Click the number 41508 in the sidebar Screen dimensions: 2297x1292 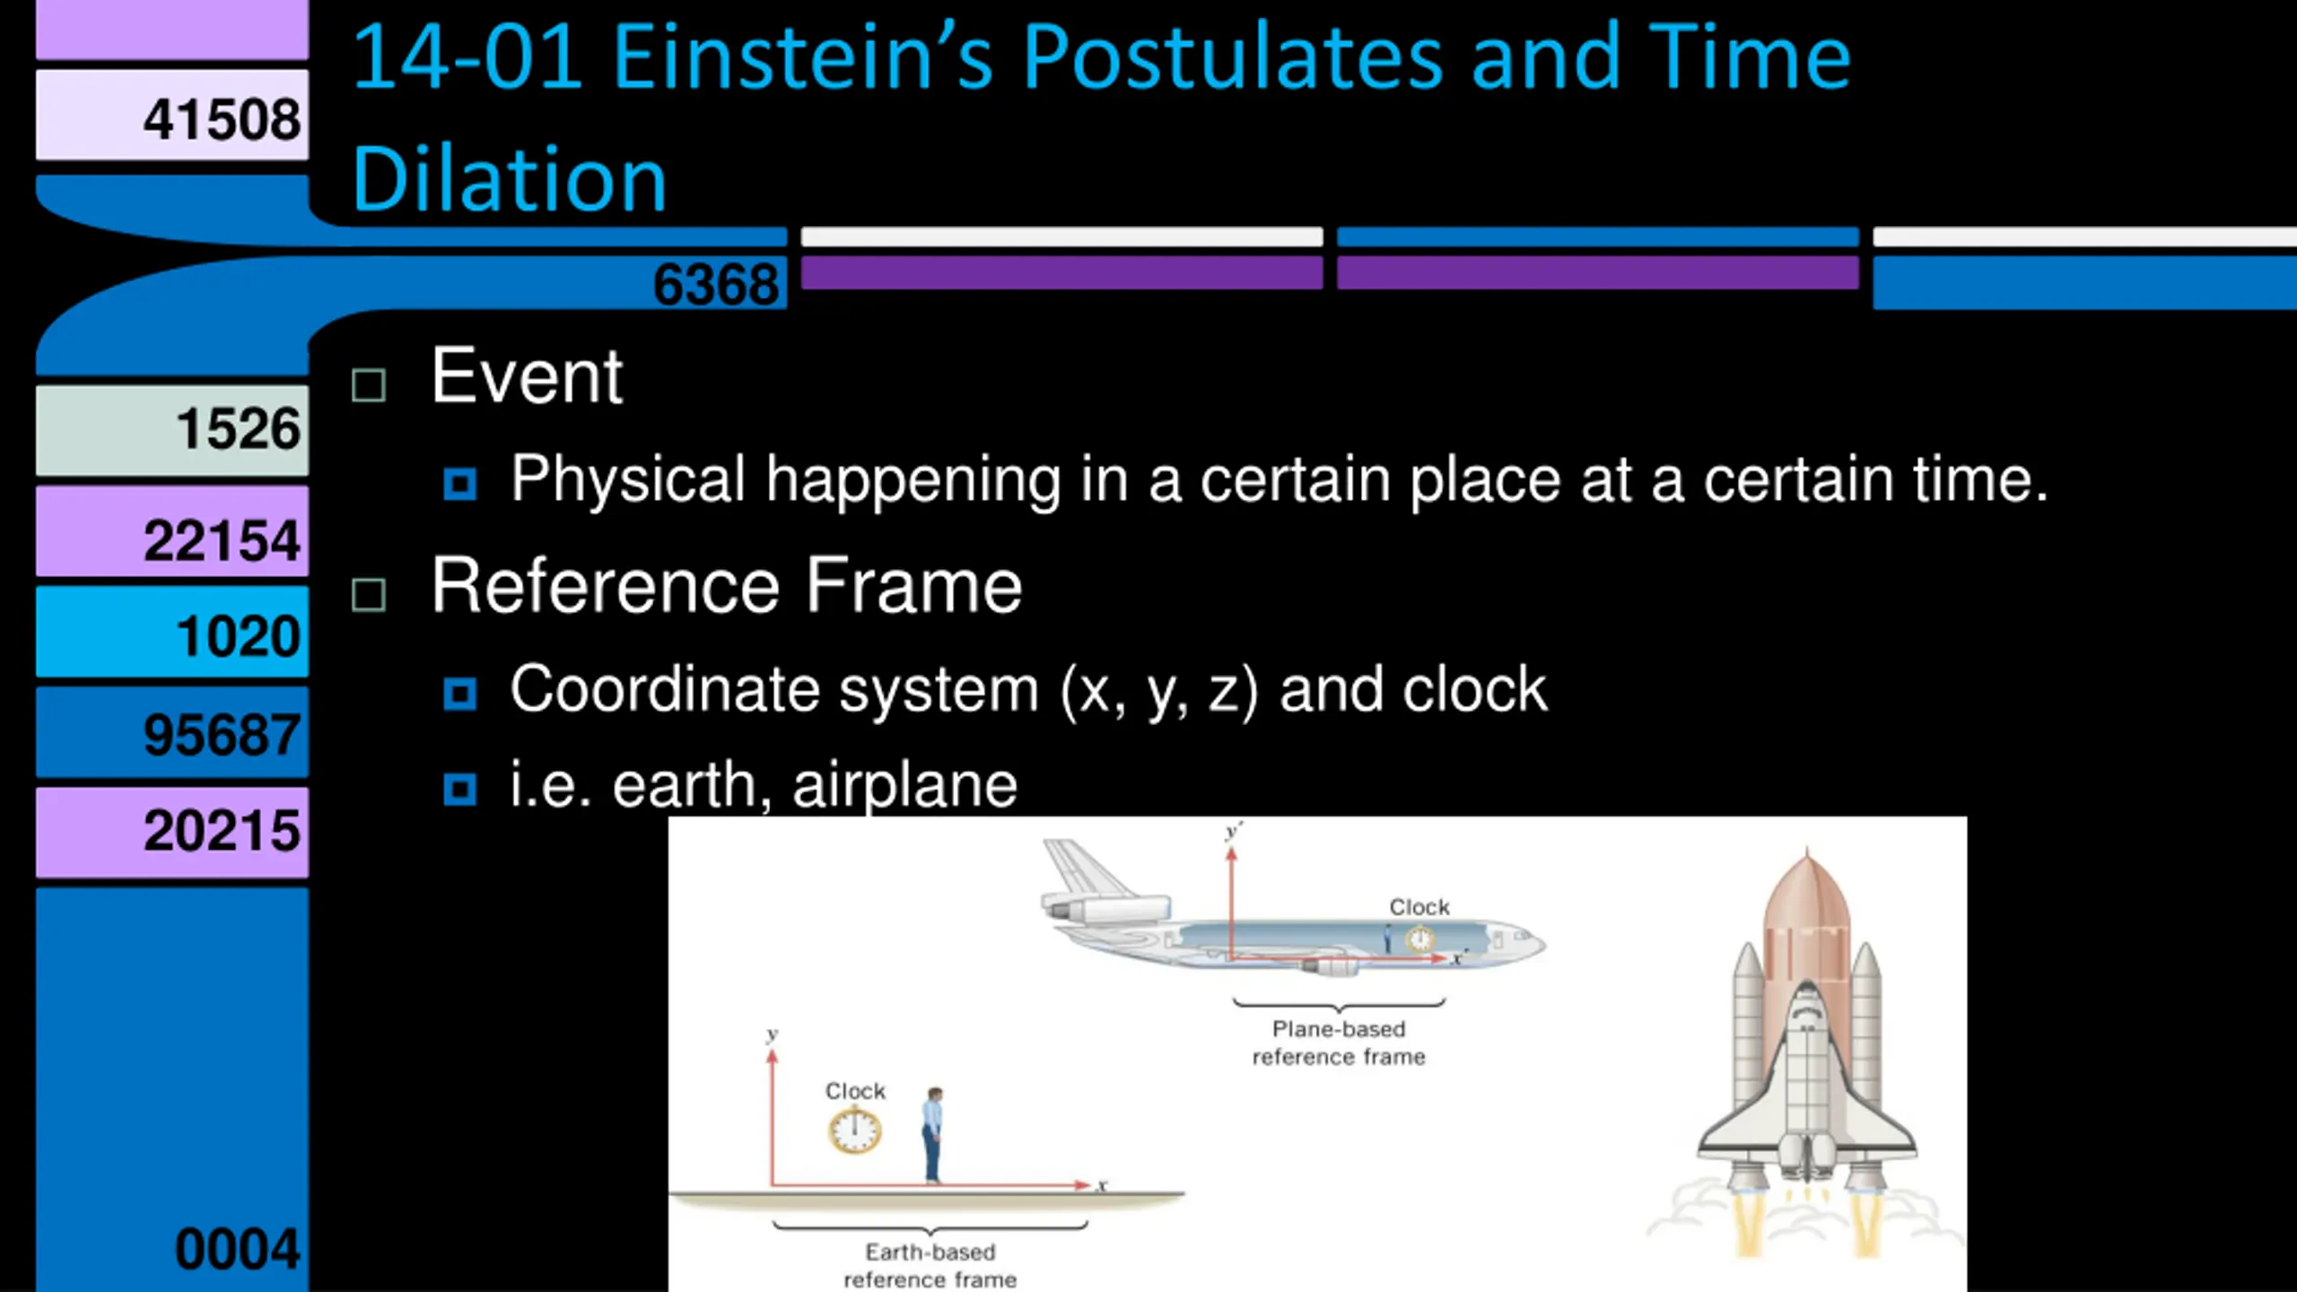click(222, 119)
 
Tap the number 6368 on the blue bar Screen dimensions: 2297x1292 click(716, 284)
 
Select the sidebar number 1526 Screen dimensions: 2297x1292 click(238, 428)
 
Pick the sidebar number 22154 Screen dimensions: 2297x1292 click(222, 541)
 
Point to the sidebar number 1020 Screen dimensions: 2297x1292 click(238, 636)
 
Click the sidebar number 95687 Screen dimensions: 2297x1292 click(222, 735)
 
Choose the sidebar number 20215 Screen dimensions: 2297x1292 click(222, 831)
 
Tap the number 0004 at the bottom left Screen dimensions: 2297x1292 click(238, 1249)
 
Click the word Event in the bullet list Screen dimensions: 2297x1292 click(527, 377)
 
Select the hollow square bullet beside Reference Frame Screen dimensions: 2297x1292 click(369, 595)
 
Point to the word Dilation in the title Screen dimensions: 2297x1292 click(510, 179)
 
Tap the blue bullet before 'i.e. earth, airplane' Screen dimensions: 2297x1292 click(460, 790)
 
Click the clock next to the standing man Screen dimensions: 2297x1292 click(855, 1130)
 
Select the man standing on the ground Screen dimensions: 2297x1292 click(933, 1135)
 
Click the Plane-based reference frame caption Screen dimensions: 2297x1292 click(1339, 1043)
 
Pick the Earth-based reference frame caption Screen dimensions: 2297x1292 click(930, 1265)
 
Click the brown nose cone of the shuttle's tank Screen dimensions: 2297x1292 click(1807, 888)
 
